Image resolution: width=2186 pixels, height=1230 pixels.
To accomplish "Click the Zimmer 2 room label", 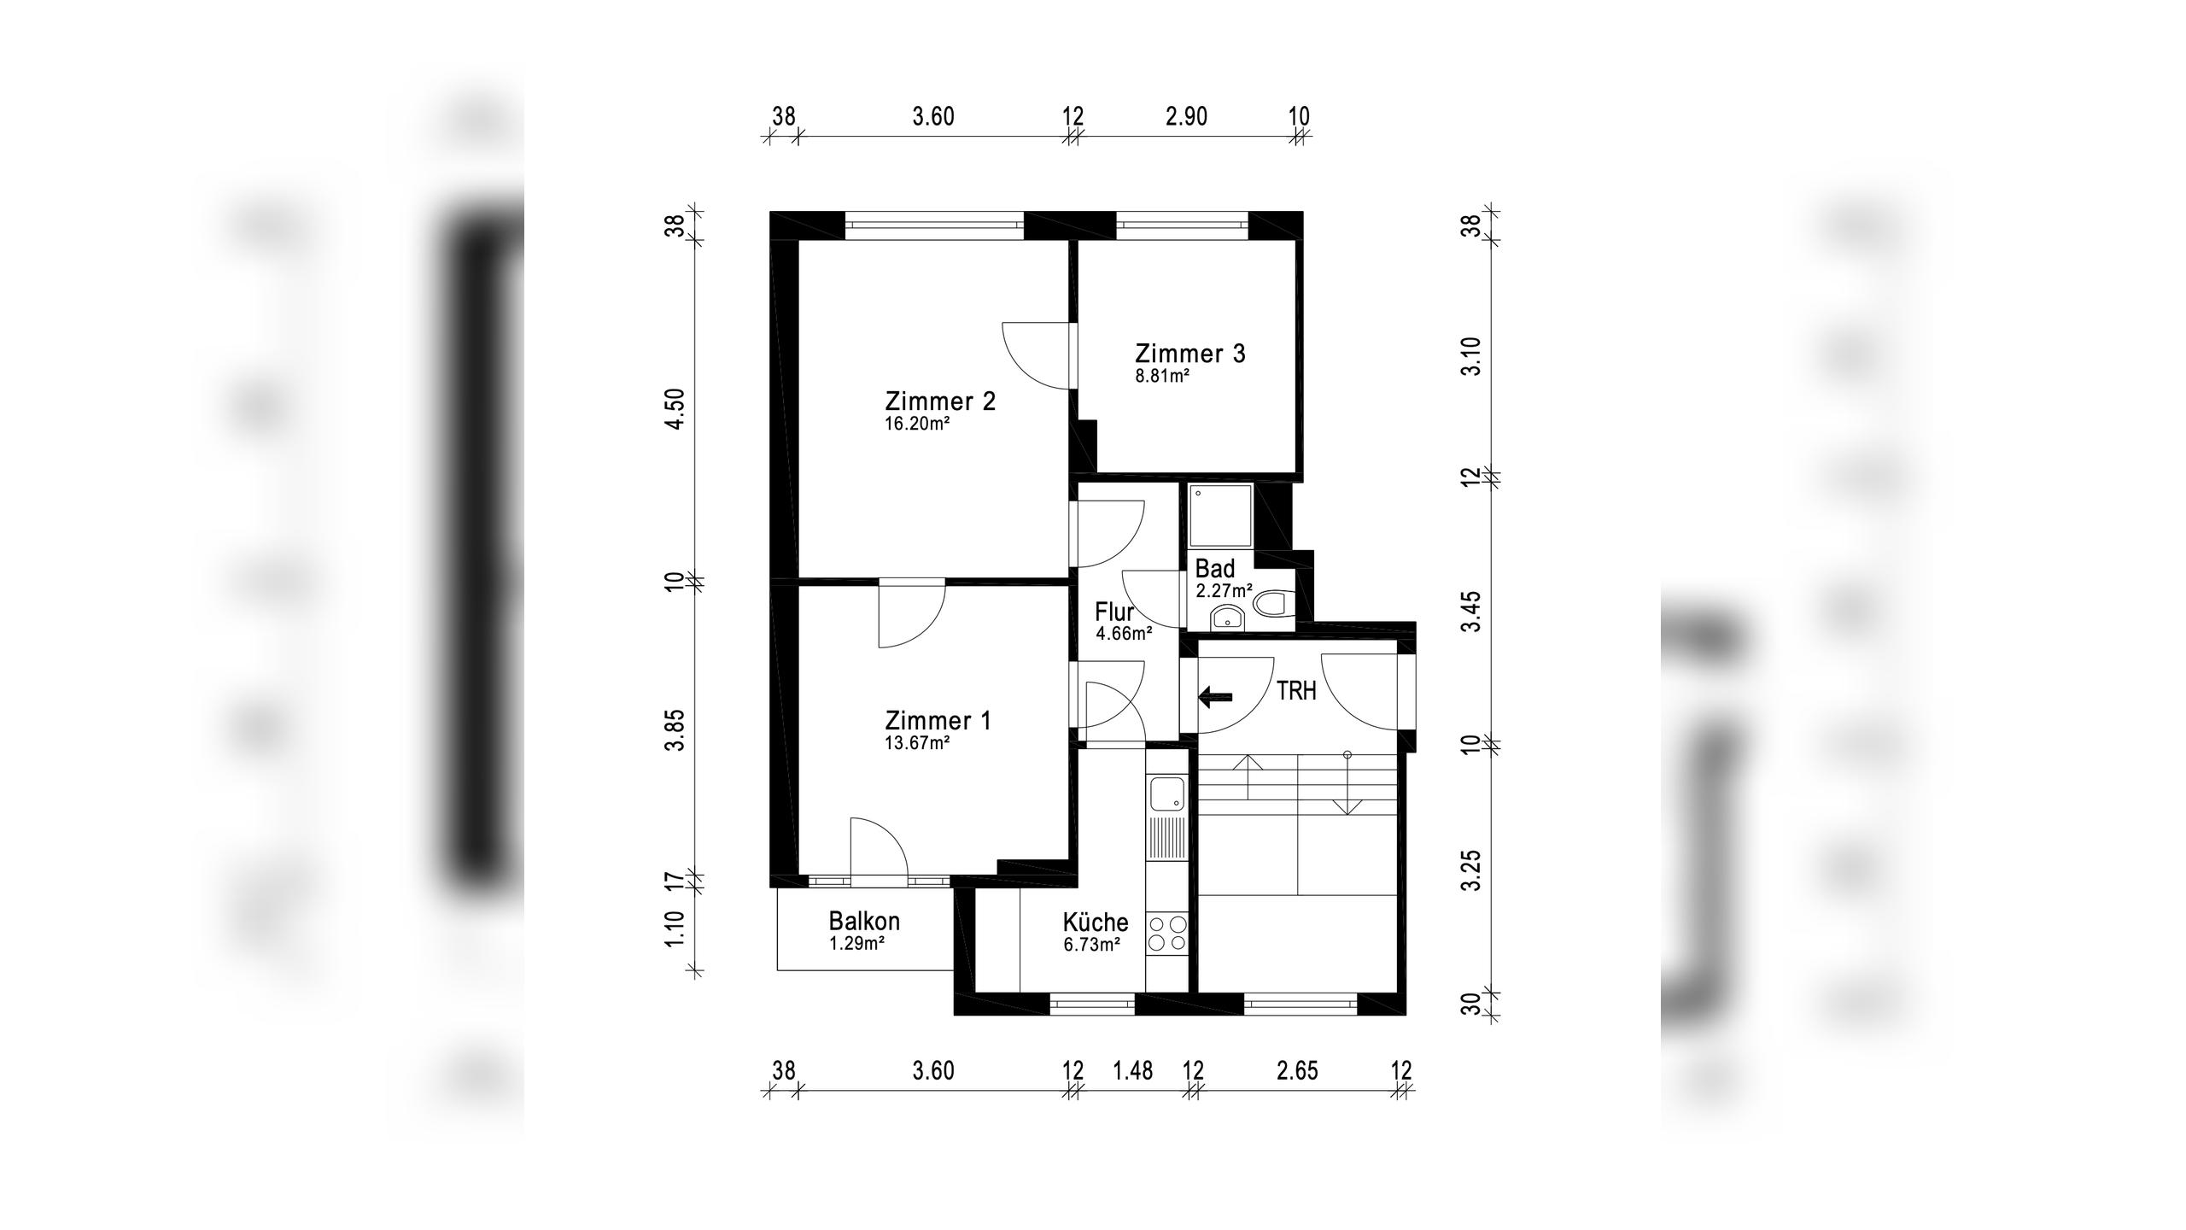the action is [x=940, y=401].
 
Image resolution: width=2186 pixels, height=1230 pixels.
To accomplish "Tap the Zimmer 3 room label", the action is [x=1189, y=353].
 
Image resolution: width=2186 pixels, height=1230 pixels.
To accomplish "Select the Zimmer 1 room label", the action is [x=938, y=720].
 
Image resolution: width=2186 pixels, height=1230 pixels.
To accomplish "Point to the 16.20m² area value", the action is [x=917, y=424].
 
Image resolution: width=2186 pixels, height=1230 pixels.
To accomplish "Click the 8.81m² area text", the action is [x=1162, y=375].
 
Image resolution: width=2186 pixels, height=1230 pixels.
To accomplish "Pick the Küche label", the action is [x=1096, y=922].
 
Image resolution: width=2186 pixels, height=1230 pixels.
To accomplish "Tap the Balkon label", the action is [x=864, y=922].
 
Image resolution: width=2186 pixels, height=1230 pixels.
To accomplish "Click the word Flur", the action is [x=1114, y=612].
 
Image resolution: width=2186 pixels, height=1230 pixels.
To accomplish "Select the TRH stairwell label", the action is [x=1296, y=691].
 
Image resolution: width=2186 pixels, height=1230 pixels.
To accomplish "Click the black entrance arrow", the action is [x=1215, y=698].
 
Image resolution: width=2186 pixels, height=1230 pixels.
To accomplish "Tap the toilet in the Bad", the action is [x=1273, y=604].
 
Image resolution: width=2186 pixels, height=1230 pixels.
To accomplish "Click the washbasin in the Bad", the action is [x=1226, y=617].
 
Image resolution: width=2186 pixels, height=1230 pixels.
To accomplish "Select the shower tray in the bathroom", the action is [x=1221, y=515].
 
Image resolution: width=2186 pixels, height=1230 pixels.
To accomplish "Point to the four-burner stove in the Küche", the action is [x=1167, y=933].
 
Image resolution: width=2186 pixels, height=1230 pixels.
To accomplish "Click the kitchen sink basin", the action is [x=1166, y=794].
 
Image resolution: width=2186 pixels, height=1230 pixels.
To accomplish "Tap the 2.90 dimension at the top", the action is [x=1186, y=116].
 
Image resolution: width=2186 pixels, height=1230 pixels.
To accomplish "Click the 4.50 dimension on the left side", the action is [x=675, y=409].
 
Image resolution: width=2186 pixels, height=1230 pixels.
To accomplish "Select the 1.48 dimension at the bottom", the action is [x=1132, y=1070].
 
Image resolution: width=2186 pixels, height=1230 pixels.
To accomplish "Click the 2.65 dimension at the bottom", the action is [x=1297, y=1070].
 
